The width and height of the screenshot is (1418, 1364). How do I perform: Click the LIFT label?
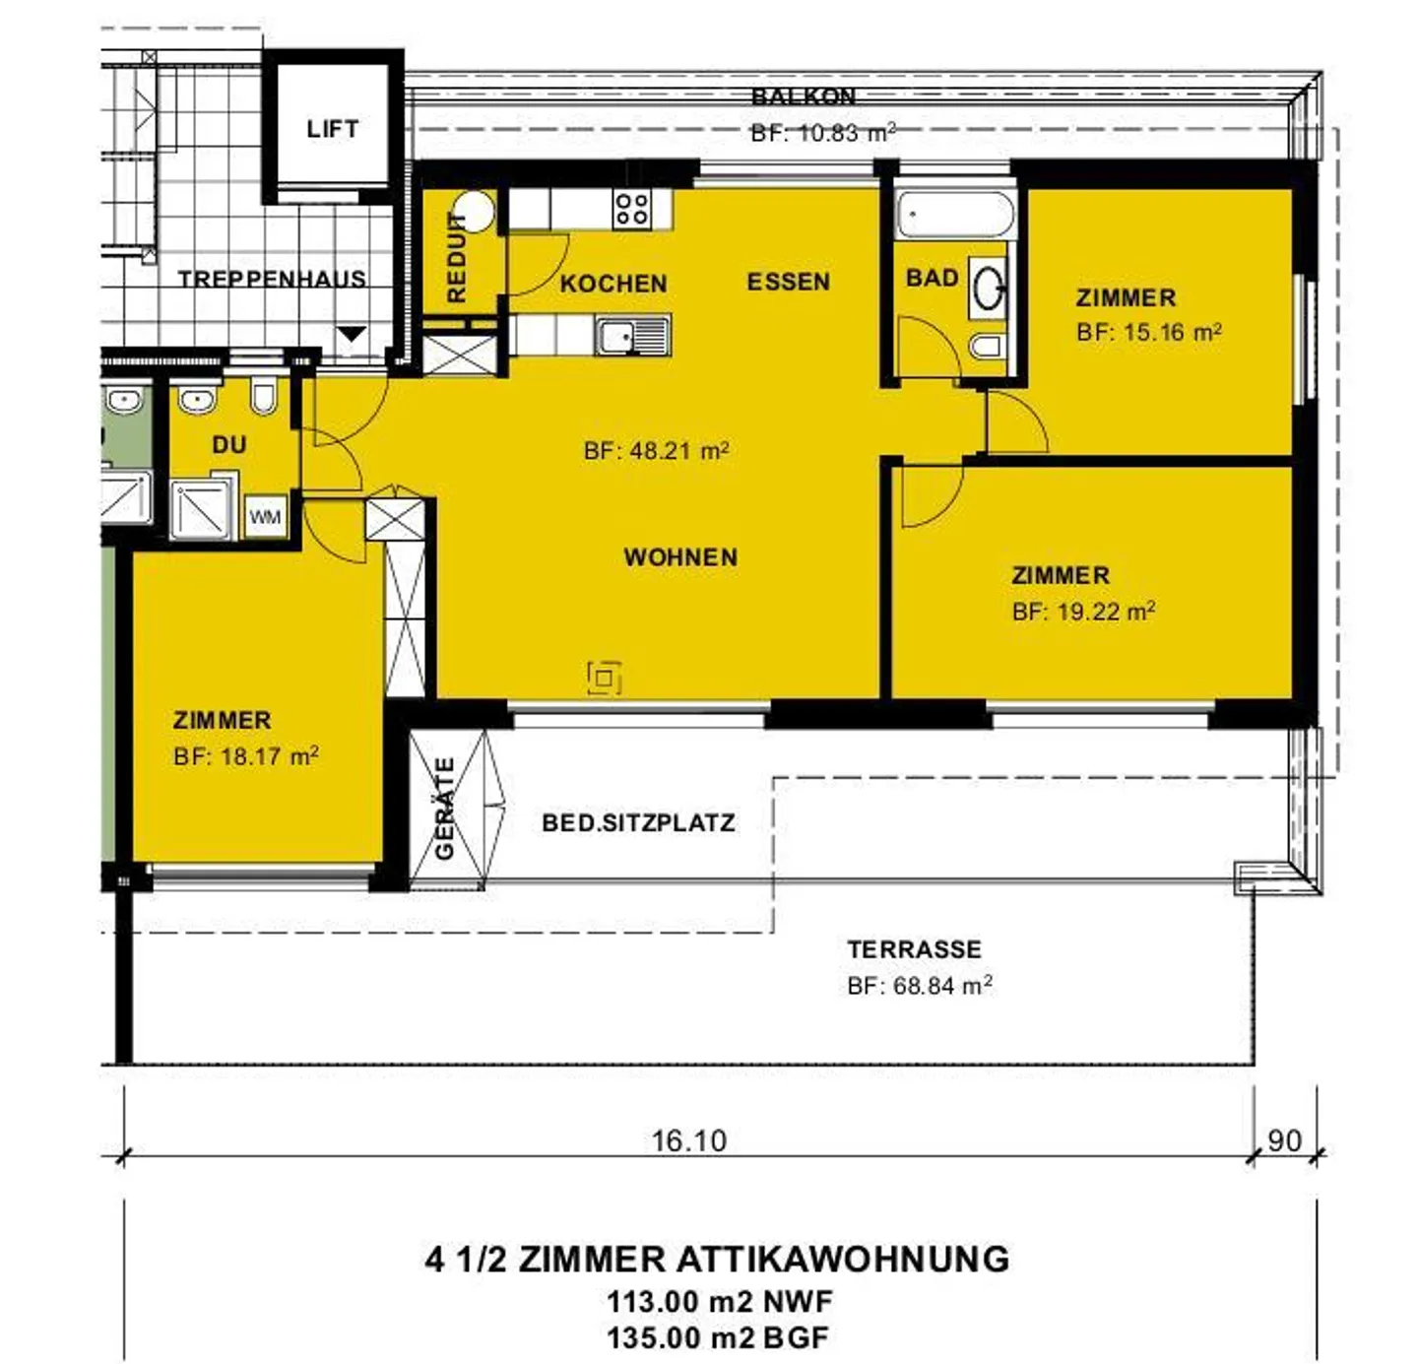click(x=332, y=129)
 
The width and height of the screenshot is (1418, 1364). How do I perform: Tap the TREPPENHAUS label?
click(x=272, y=280)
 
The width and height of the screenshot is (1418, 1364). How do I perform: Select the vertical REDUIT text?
click(x=456, y=257)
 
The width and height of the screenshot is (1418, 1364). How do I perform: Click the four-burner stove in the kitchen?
click(x=631, y=209)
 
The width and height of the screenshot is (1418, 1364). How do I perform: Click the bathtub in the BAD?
click(x=954, y=215)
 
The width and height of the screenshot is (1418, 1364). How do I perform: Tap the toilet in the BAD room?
click(x=987, y=346)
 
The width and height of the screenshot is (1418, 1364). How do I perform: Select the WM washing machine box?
click(x=265, y=517)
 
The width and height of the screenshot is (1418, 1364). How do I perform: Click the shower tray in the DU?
click(x=202, y=510)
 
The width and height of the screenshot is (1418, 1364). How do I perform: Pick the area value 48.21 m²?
click(x=657, y=451)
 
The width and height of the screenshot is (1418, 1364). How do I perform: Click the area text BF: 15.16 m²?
click(x=1148, y=332)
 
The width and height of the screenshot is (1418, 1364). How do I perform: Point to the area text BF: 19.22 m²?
click(x=1083, y=612)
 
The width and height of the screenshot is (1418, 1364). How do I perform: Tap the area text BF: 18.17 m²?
click(x=245, y=756)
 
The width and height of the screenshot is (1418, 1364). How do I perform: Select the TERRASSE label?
click(x=914, y=949)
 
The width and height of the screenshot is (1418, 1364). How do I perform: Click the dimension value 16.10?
click(x=688, y=1140)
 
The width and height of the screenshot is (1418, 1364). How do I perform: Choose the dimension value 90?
click(x=1284, y=1140)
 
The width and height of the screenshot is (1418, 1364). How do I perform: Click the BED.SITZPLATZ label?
click(x=638, y=823)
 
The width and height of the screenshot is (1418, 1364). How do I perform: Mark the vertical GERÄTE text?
click(x=445, y=809)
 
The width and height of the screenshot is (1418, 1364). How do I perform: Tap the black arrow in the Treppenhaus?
click(x=352, y=334)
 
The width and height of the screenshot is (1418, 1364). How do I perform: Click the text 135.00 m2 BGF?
click(x=718, y=1337)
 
